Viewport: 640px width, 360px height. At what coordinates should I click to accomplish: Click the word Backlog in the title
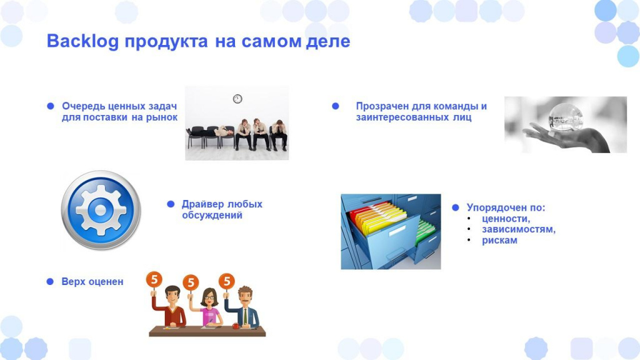click(83, 42)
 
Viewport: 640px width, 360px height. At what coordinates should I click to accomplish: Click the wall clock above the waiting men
click(237, 99)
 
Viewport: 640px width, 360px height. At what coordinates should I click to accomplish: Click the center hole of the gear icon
click(101, 210)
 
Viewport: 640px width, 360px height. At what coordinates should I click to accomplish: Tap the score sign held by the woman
click(191, 282)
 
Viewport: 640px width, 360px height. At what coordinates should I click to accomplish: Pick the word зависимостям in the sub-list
click(518, 229)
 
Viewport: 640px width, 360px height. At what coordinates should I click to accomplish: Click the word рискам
click(499, 241)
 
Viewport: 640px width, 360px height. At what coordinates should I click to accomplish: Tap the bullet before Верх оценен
click(50, 282)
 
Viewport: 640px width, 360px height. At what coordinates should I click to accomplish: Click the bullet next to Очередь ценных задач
click(51, 106)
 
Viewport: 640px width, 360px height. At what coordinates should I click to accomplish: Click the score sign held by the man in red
click(154, 279)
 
